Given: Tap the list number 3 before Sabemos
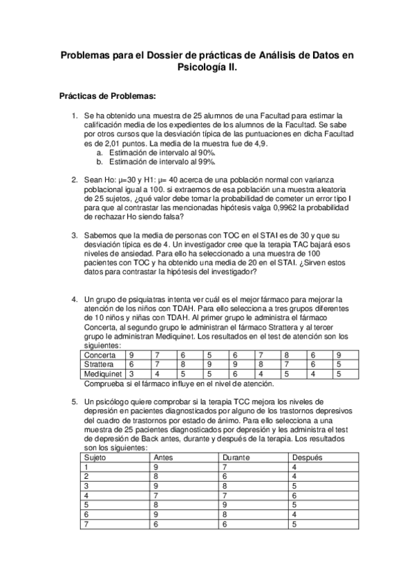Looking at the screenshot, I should (x=75, y=235).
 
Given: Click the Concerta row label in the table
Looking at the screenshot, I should (x=100, y=355).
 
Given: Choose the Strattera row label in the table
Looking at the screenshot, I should (x=100, y=364).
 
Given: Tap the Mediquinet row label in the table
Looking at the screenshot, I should (x=103, y=374).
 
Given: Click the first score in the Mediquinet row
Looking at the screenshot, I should (x=132, y=374).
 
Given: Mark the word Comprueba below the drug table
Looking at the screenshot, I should (x=106, y=384).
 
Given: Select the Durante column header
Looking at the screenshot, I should (x=236, y=457).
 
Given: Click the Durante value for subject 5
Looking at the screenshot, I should (x=225, y=504).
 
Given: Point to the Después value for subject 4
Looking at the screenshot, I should (x=294, y=495).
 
